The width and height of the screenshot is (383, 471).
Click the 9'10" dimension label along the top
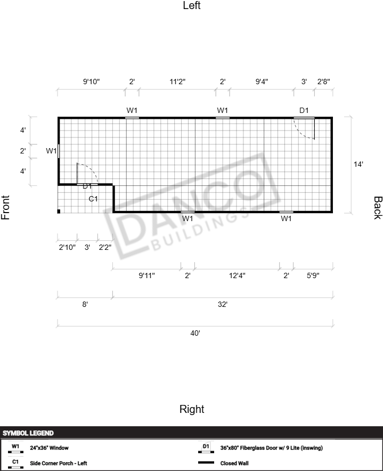(91, 82)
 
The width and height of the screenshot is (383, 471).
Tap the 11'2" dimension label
(177, 82)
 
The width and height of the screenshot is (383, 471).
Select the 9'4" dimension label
(262, 82)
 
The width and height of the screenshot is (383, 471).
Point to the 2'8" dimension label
(323, 82)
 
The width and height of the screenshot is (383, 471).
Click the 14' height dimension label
(358, 164)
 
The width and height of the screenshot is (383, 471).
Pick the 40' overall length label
(195, 333)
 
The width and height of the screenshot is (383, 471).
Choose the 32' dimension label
(223, 304)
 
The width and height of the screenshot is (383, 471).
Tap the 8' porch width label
(85, 304)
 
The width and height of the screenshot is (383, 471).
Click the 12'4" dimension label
(237, 275)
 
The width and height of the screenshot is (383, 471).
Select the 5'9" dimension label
(313, 275)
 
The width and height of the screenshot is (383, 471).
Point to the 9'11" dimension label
(146, 275)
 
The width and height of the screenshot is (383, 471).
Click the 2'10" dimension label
(67, 247)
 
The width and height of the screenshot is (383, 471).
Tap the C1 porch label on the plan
(93, 199)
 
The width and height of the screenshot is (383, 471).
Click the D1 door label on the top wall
(304, 110)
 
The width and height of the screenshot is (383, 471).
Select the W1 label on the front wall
(51, 151)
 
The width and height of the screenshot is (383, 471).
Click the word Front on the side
(5, 208)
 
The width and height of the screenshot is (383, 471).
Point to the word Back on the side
(378, 208)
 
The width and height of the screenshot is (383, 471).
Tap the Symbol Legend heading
(28, 433)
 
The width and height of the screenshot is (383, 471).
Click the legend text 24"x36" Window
(49, 448)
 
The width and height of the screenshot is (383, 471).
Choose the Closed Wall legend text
(234, 463)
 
